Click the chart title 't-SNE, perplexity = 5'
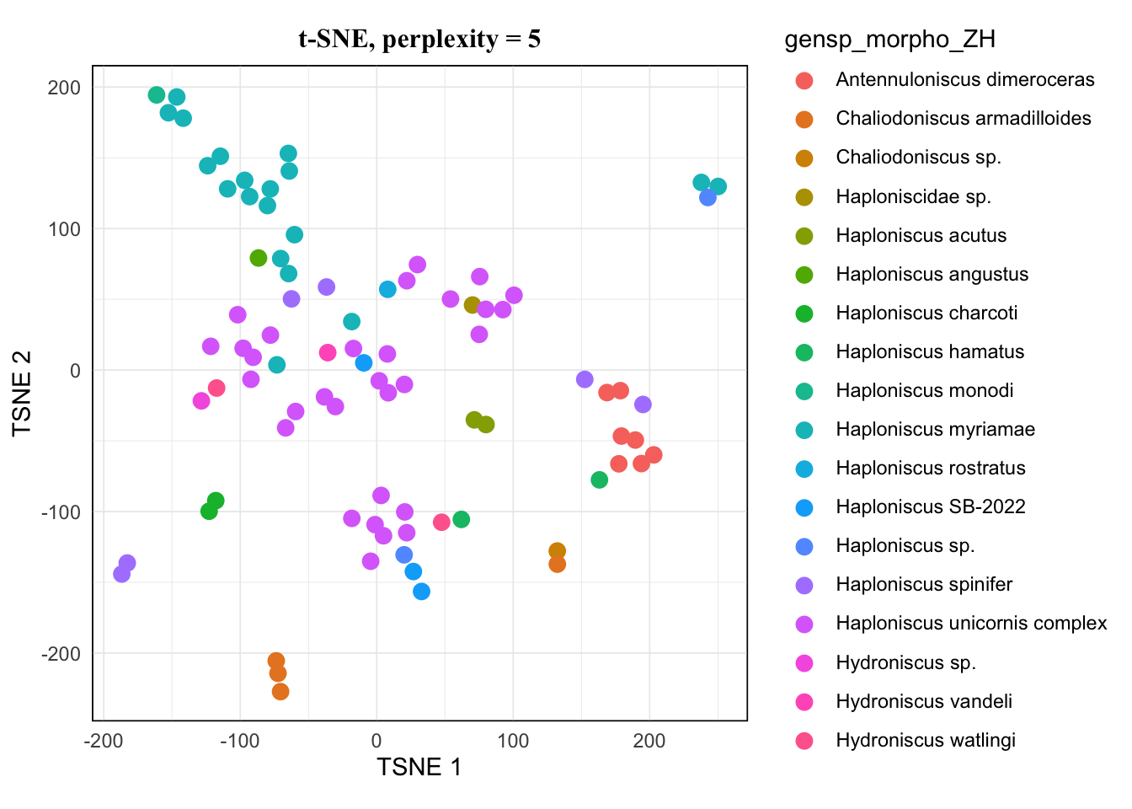point(419,39)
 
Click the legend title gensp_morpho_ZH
point(889,40)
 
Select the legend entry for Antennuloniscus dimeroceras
point(964,80)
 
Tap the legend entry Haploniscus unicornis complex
point(971,624)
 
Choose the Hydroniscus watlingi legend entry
point(925,741)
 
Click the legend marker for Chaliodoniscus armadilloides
point(804,120)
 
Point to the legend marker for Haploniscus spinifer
point(804,586)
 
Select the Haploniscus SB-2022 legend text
point(930,507)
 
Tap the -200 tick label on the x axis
point(103,742)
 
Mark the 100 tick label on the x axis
point(512,742)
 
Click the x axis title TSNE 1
point(419,768)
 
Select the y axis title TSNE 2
point(23,393)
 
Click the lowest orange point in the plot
point(280,692)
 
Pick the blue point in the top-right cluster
point(707,197)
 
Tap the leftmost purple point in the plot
point(122,574)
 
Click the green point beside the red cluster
point(600,480)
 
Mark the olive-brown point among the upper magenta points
point(473,305)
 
